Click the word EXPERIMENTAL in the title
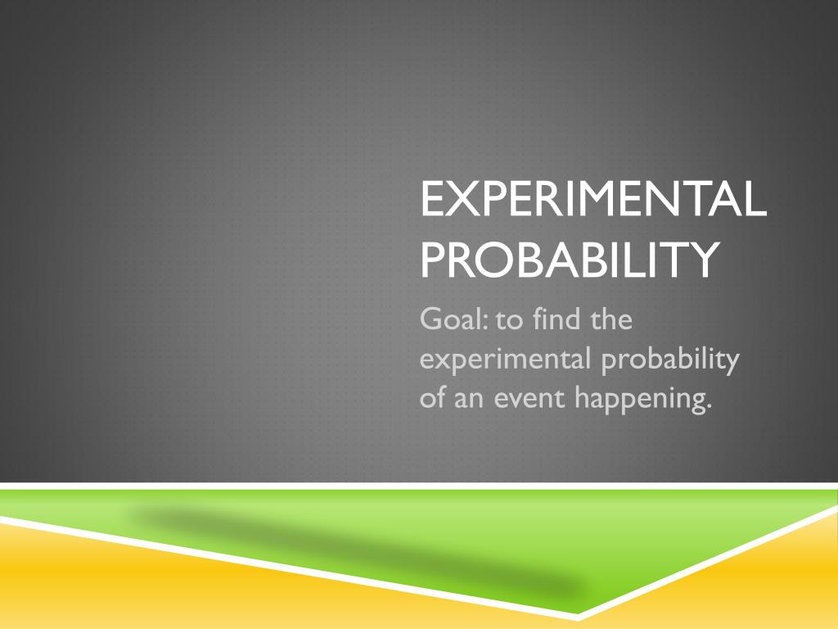[x=593, y=200]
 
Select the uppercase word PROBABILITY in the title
[x=570, y=258]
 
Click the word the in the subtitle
[x=610, y=319]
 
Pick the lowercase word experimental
[x=507, y=360]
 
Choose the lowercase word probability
[x=669, y=360]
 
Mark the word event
[x=529, y=399]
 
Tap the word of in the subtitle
[x=431, y=399]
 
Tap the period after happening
[x=707, y=408]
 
